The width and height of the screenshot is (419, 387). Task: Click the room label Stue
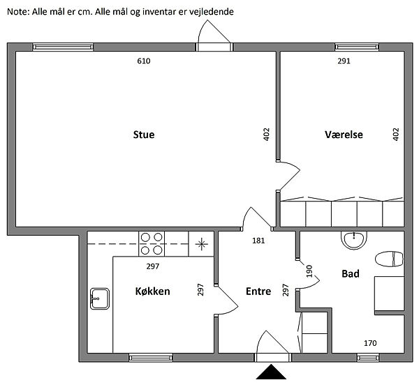[x=144, y=135]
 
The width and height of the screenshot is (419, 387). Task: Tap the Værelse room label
[x=344, y=135]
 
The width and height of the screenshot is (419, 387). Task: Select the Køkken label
[x=152, y=291]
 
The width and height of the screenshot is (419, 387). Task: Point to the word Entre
[x=258, y=291]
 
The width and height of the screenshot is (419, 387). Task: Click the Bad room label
[x=351, y=273]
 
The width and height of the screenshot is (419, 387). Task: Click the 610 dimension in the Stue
[x=144, y=61]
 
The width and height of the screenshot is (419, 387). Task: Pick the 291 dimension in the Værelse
[x=344, y=61]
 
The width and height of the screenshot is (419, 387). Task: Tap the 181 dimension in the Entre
[x=258, y=241]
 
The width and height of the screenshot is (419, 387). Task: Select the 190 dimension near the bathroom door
[x=309, y=271]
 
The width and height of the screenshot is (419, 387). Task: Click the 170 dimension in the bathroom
[x=370, y=343]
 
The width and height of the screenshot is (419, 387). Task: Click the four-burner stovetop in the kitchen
[x=152, y=244]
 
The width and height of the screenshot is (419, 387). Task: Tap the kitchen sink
[x=100, y=298]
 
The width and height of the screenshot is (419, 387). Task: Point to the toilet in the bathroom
[x=389, y=259]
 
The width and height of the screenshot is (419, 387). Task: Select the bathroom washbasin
[x=354, y=240]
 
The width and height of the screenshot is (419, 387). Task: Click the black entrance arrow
[x=271, y=372]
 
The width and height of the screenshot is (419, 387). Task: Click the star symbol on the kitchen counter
[x=202, y=244]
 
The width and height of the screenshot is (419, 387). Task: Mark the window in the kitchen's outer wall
[x=151, y=358]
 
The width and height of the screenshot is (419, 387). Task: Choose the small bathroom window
[x=368, y=358]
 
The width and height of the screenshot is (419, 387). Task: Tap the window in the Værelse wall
[x=357, y=47]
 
